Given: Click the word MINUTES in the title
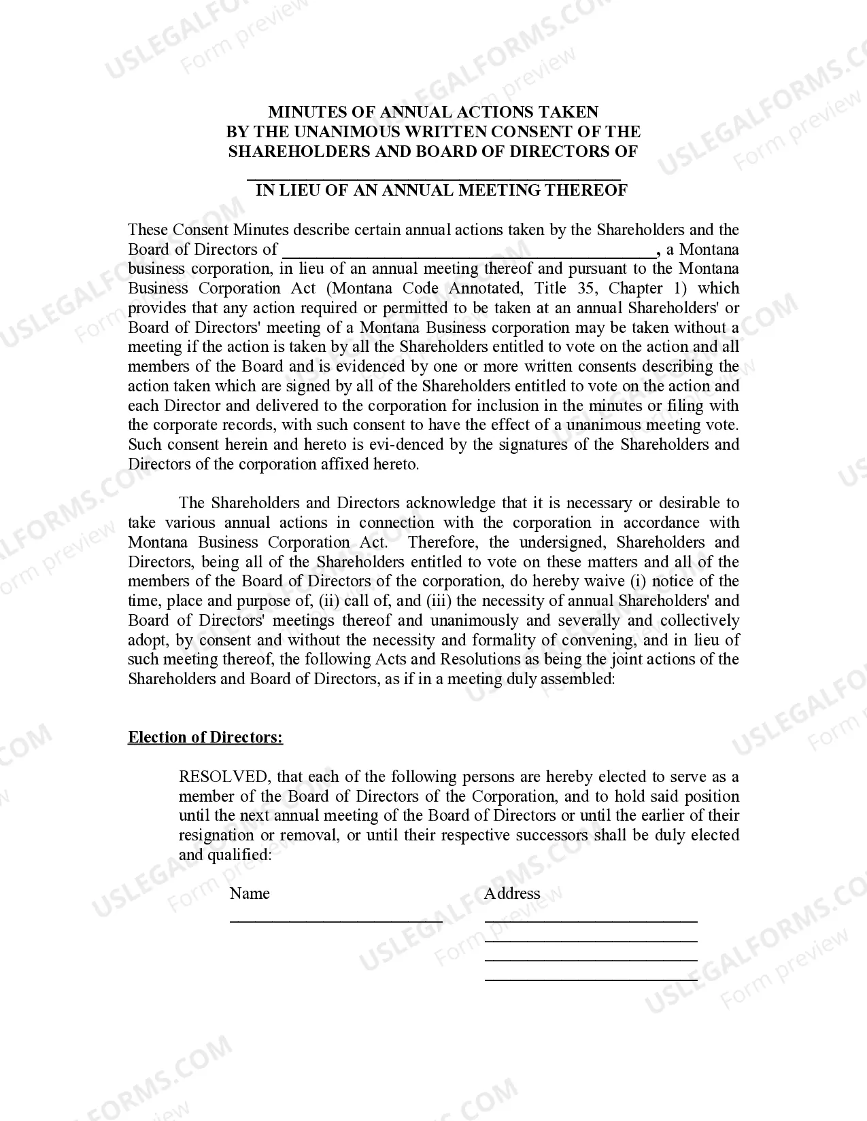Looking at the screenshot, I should pos(303,112).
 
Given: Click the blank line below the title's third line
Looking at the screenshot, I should pos(433,178).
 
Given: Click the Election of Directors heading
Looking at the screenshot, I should pos(205,738).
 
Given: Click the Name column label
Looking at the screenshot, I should pos(250,893).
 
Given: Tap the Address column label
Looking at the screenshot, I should pos(512,893).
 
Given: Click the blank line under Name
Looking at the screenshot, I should pos(336,921).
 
